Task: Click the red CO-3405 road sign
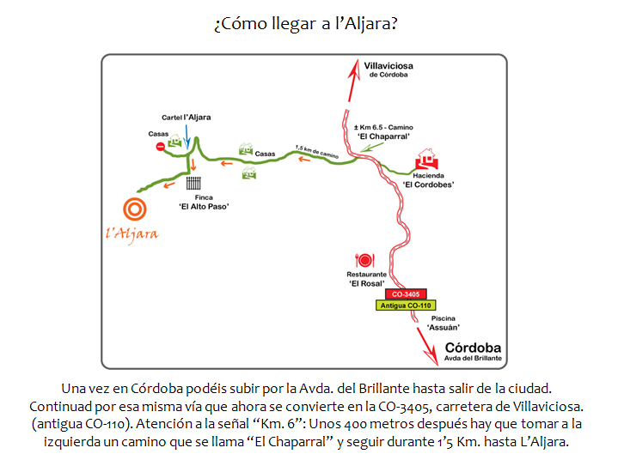(x=406, y=294)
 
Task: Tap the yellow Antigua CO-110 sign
(x=406, y=306)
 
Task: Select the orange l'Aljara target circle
(x=135, y=209)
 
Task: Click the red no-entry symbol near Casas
(x=160, y=147)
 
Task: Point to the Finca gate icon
(x=193, y=183)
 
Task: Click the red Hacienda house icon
(x=426, y=159)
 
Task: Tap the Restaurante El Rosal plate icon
(x=364, y=260)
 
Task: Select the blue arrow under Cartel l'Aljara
(x=187, y=136)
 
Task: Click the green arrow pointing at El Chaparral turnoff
(x=371, y=147)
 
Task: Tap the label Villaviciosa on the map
(x=389, y=66)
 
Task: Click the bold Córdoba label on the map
(x=473, y=348)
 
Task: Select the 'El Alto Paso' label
(x=204, y=207)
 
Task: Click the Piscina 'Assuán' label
(x=443, y=323)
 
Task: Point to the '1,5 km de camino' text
(x=317, y=152)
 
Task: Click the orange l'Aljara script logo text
(x=132, y=234)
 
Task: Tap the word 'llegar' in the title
(x=294, y=24)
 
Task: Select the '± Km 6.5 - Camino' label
(x=383, y=128)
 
